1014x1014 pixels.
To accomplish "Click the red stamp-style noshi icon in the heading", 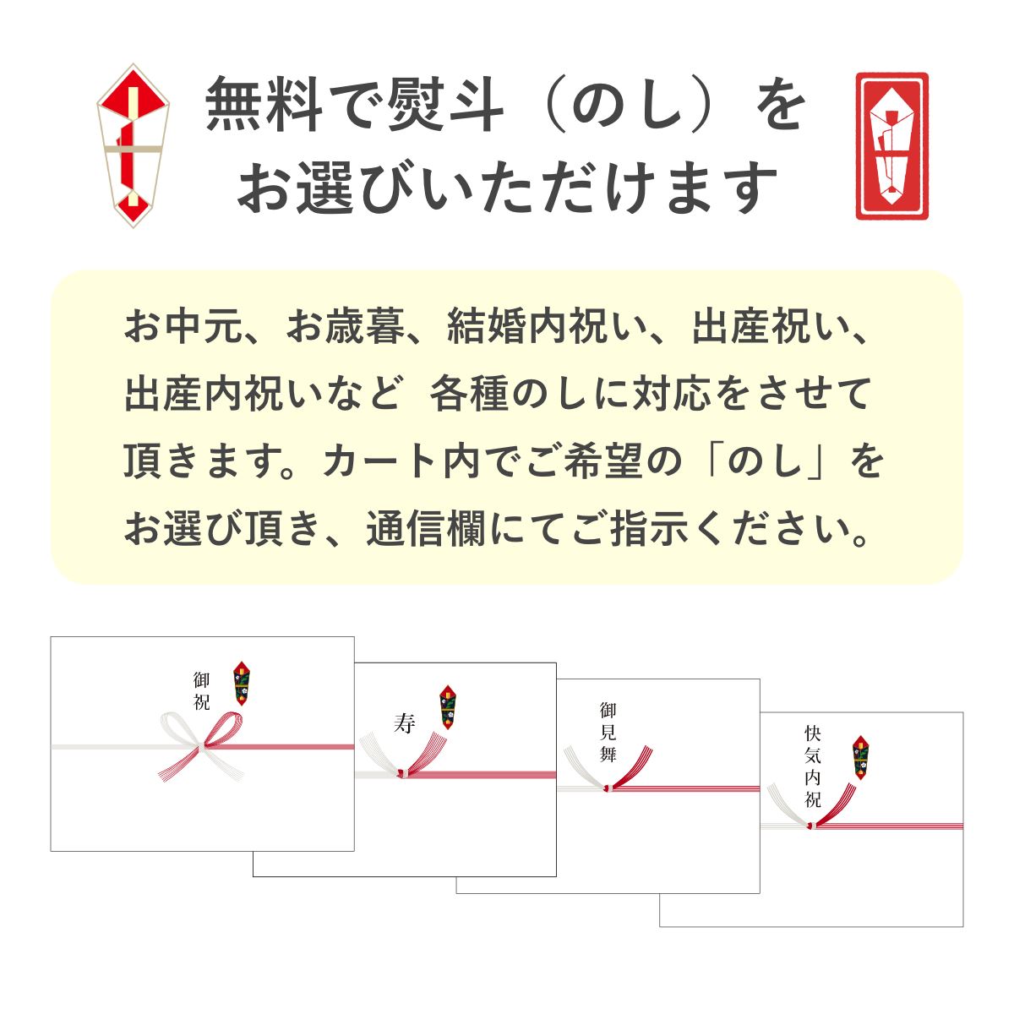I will click(x=891, y=146).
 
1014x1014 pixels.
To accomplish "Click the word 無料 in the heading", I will click(x=259, y=105).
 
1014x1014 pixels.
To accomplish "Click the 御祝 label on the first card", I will click(x=201, y=691).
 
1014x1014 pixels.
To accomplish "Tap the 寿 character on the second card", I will click(x=405, y=723).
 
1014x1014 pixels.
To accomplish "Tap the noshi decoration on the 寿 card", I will click(x=449, y=706).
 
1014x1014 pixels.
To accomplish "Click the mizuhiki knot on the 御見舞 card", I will click(x=607, y=787).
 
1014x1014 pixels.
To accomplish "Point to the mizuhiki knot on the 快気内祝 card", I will click(x=810, y=823).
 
